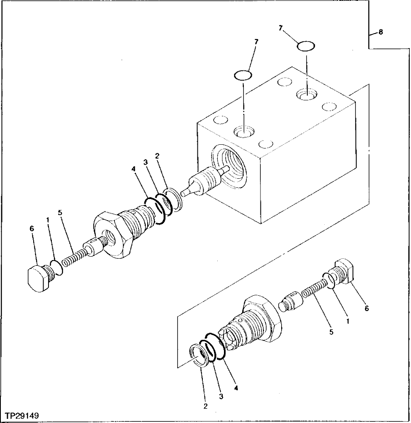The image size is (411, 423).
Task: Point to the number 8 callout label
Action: click(x=381, y=32)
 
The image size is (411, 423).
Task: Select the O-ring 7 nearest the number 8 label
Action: click(x=306, y=46)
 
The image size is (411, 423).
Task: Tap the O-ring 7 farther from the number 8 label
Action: click(x=243, y=75)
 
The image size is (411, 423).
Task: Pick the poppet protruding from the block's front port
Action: click(x=203, y=183)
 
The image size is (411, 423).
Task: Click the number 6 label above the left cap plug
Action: click(x=32, y=229)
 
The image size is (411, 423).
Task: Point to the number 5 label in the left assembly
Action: click(x=60, y=213)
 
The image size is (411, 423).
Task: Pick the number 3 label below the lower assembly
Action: click(x=221, y=396)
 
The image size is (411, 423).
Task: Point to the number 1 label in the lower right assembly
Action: click(x=348, y=321)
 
